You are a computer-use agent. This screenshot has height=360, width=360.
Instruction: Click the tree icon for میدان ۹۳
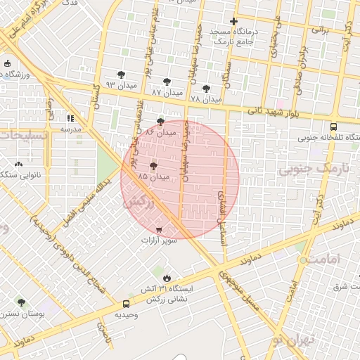pos(122,74)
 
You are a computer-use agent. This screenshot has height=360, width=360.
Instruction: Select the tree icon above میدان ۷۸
pos(205,89)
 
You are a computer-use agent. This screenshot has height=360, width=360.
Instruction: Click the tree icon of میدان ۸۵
pos(154,166)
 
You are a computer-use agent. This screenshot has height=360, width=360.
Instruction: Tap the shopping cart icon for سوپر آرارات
pos(159,230)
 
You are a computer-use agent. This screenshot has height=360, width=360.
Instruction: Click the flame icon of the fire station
pos(167,276)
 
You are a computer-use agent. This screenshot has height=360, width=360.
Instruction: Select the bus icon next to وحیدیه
pos(126,304)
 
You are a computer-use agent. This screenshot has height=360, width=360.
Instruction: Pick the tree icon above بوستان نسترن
pos(21,303)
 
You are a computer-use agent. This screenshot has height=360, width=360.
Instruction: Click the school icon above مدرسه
pos(70,118)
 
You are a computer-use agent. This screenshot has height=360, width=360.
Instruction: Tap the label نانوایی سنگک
pos(21,175)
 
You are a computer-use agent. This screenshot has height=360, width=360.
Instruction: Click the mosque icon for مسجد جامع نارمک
pos(233,21)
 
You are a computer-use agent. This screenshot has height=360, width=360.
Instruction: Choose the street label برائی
pos(319,31)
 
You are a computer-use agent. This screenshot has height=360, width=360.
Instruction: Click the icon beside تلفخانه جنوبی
pos(313,138)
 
